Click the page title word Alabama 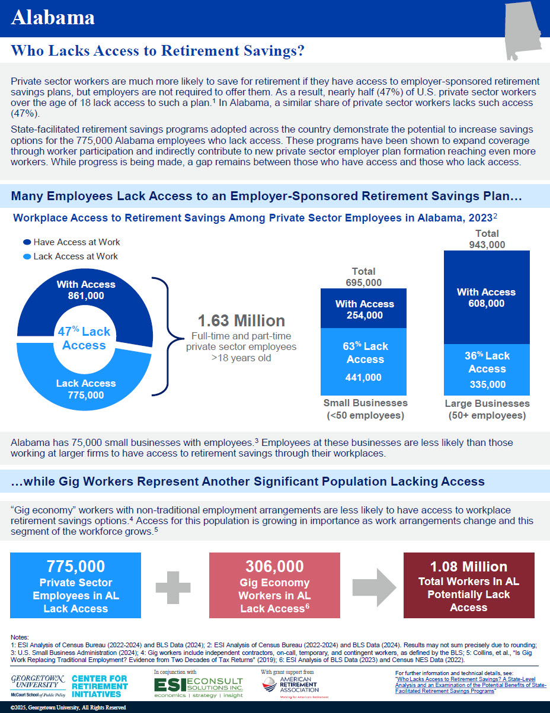[53, 18]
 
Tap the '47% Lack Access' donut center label [84, 338]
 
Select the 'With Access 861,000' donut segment [86, 290]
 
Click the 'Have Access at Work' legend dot [27, 242]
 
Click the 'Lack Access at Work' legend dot [27, 256]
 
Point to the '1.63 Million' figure [241, 321]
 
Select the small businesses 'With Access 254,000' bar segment [364, 309]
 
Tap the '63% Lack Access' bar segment [364, 361]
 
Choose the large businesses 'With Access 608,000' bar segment [486, 297]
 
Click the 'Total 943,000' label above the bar [487, 239]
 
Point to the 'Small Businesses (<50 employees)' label [365, 409]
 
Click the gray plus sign [175, 586]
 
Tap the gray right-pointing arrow [373, 585]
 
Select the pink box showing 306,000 [274, 585]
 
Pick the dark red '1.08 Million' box [468, 585]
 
